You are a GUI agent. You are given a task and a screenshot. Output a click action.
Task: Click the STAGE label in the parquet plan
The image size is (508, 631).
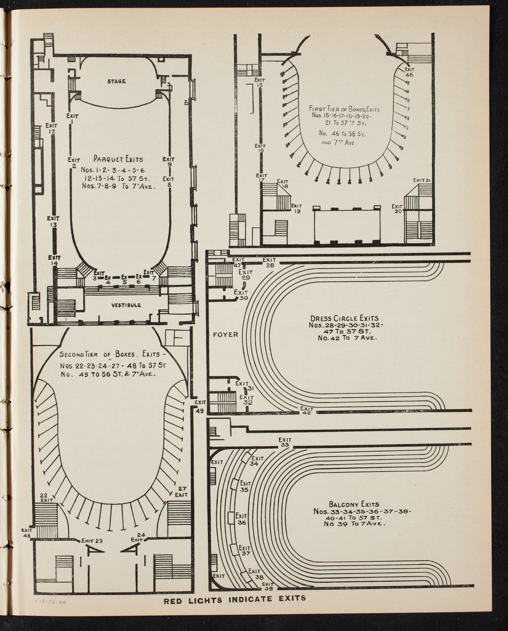coord(116,81)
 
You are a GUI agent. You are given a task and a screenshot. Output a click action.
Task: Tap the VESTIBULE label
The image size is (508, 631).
coord(126,305)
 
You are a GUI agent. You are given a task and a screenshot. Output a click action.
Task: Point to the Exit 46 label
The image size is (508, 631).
coord(409,72)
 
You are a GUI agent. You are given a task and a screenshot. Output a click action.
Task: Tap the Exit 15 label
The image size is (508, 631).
coord(259,82)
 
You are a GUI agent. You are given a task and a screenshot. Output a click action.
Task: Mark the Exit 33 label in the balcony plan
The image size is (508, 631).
coord(285,442)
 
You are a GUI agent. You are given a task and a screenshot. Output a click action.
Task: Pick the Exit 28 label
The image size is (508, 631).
coord(269,262)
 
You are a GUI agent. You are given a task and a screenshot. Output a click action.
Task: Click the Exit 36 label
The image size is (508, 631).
coord(241,519)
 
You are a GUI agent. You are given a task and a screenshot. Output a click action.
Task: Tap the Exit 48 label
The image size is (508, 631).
coord(27,533)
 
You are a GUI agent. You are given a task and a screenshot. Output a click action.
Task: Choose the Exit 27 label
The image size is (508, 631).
coord(181,492)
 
